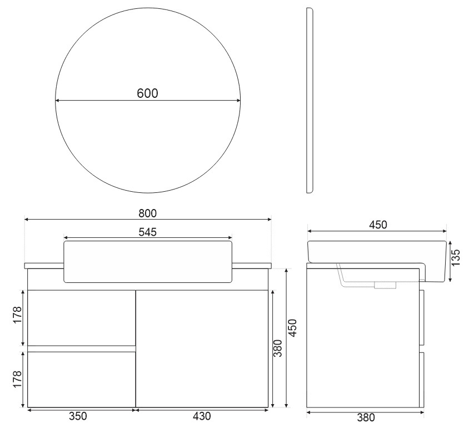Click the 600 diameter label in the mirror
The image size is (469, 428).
click(x=148, y=93)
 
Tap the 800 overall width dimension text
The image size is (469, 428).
click(x=148, y=213)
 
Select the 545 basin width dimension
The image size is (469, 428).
click(x=148, y=232)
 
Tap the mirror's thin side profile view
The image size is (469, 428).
click(x=310, y=100)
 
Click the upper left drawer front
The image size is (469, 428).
click(x=81, y=317)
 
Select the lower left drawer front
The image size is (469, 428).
click(x=81, y=380)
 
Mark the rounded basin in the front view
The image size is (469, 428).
click(x=148, y=261)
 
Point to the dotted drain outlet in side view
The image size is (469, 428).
click(x=385, y=286)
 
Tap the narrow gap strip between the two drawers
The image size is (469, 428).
click(x=81, y=349)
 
